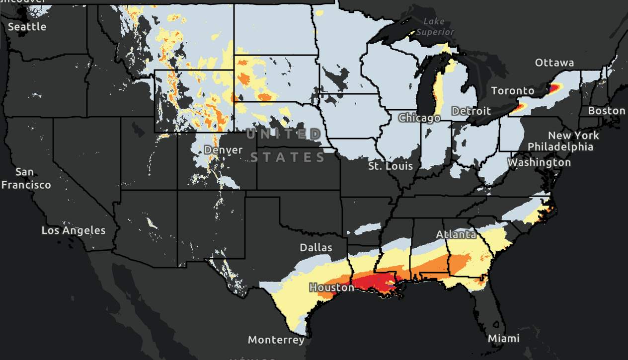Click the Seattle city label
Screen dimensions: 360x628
point(27,27)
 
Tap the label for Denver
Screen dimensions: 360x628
point(223,150)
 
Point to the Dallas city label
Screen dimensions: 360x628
point(316,247)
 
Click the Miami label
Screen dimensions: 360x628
point(503,339)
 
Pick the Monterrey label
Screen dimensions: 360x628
point(276,340)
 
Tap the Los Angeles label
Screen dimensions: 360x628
point(73,230)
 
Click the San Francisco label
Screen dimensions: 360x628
point(25,179)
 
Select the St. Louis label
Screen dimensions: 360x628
point(390,166)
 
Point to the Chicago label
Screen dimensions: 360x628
point(419,118)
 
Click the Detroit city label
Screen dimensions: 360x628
point(471,111)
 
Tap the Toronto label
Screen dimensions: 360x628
point(513,91)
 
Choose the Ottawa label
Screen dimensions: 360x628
point(554,63)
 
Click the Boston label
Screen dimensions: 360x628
point(607,111)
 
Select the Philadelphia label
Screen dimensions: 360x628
point(560,147)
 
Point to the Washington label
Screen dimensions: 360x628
point(539,162)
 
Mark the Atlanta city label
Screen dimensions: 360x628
point(456,234)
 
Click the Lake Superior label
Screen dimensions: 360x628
point(435,27)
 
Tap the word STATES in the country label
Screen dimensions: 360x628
point(288,158)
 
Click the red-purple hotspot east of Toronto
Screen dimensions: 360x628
point(553,88)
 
